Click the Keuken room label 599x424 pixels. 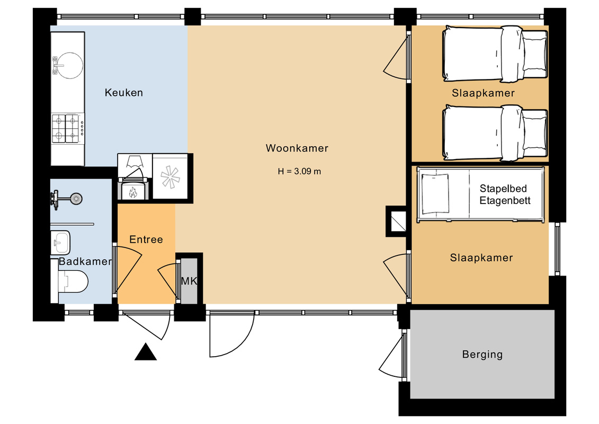tap(124, 93)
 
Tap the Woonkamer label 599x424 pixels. tap(297, 148)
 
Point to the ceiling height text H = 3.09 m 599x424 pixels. tap(299, 171)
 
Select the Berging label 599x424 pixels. tap(482, 355)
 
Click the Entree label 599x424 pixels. tap(146, 240)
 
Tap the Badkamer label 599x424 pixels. tap(85, 261)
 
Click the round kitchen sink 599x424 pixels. tap(69, 65)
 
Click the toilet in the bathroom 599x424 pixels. tap(73, 281)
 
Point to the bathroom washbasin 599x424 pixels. tap(60, 242)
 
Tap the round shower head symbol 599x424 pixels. tap(76, 199)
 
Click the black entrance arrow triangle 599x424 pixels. tap(146, 352)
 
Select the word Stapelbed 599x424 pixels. tap(503, 189)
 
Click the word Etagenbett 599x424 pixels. tap(505, 200)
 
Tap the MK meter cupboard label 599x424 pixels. tap(189, 281)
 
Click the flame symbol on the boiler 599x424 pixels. tap(133, 192)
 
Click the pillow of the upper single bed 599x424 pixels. tap(534, 54)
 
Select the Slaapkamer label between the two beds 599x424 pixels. tap(483, 93)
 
